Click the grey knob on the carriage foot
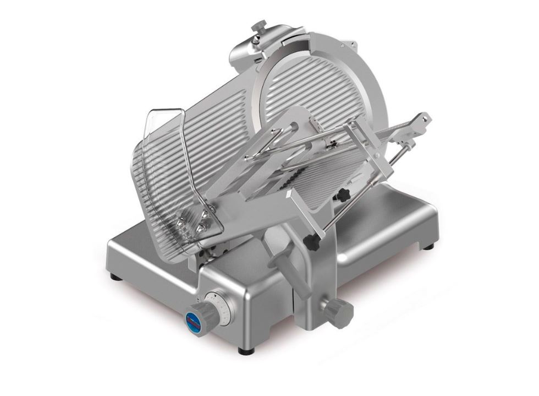pos(337,312)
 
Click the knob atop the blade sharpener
pos(258,26)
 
